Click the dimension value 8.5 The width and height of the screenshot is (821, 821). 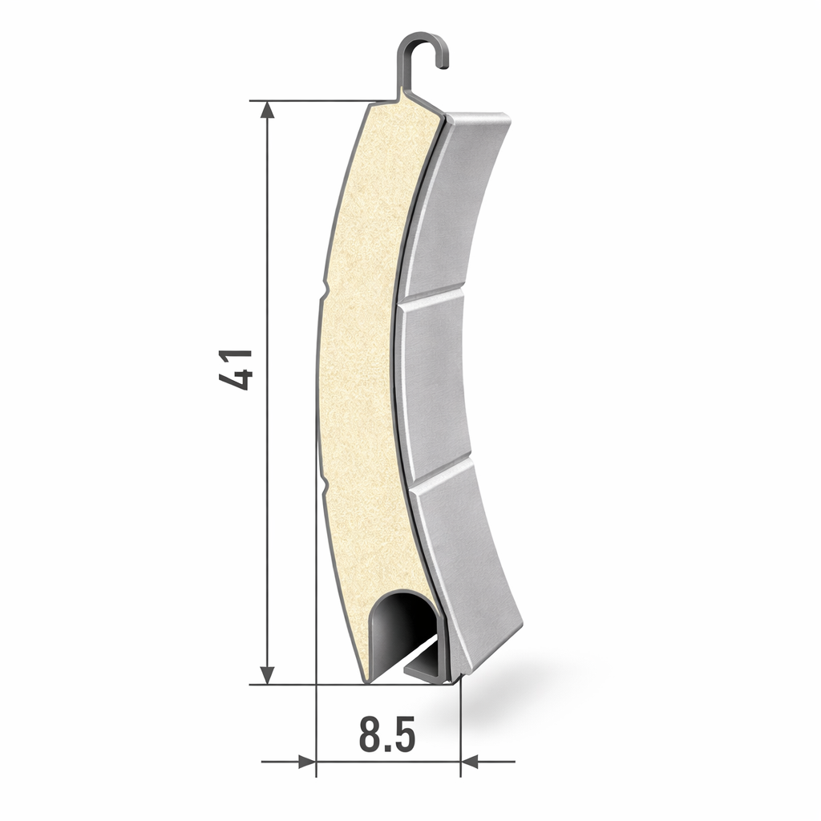(387, 734)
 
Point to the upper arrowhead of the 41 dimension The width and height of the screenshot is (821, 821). (267, 111)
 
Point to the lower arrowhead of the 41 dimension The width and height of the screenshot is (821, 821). (267, 674)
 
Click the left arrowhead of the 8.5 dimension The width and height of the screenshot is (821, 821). (307, 762)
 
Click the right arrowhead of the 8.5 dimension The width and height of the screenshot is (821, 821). (470, 762)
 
